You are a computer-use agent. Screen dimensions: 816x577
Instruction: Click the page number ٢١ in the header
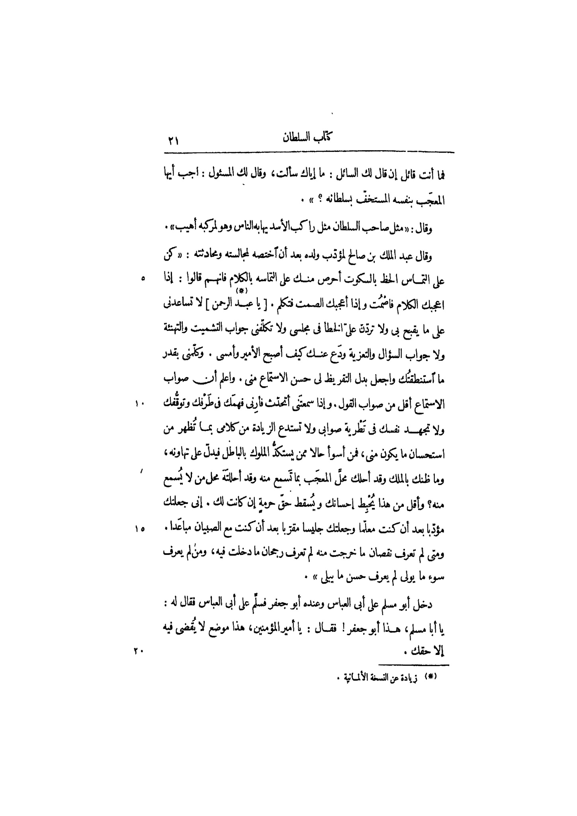[x=174, y=141]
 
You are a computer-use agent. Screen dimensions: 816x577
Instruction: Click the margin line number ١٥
[x=140, y=529]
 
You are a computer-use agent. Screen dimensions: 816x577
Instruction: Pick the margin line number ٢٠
[x=138, y=651]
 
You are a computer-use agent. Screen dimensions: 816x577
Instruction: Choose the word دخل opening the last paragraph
[x=423, y=604]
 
